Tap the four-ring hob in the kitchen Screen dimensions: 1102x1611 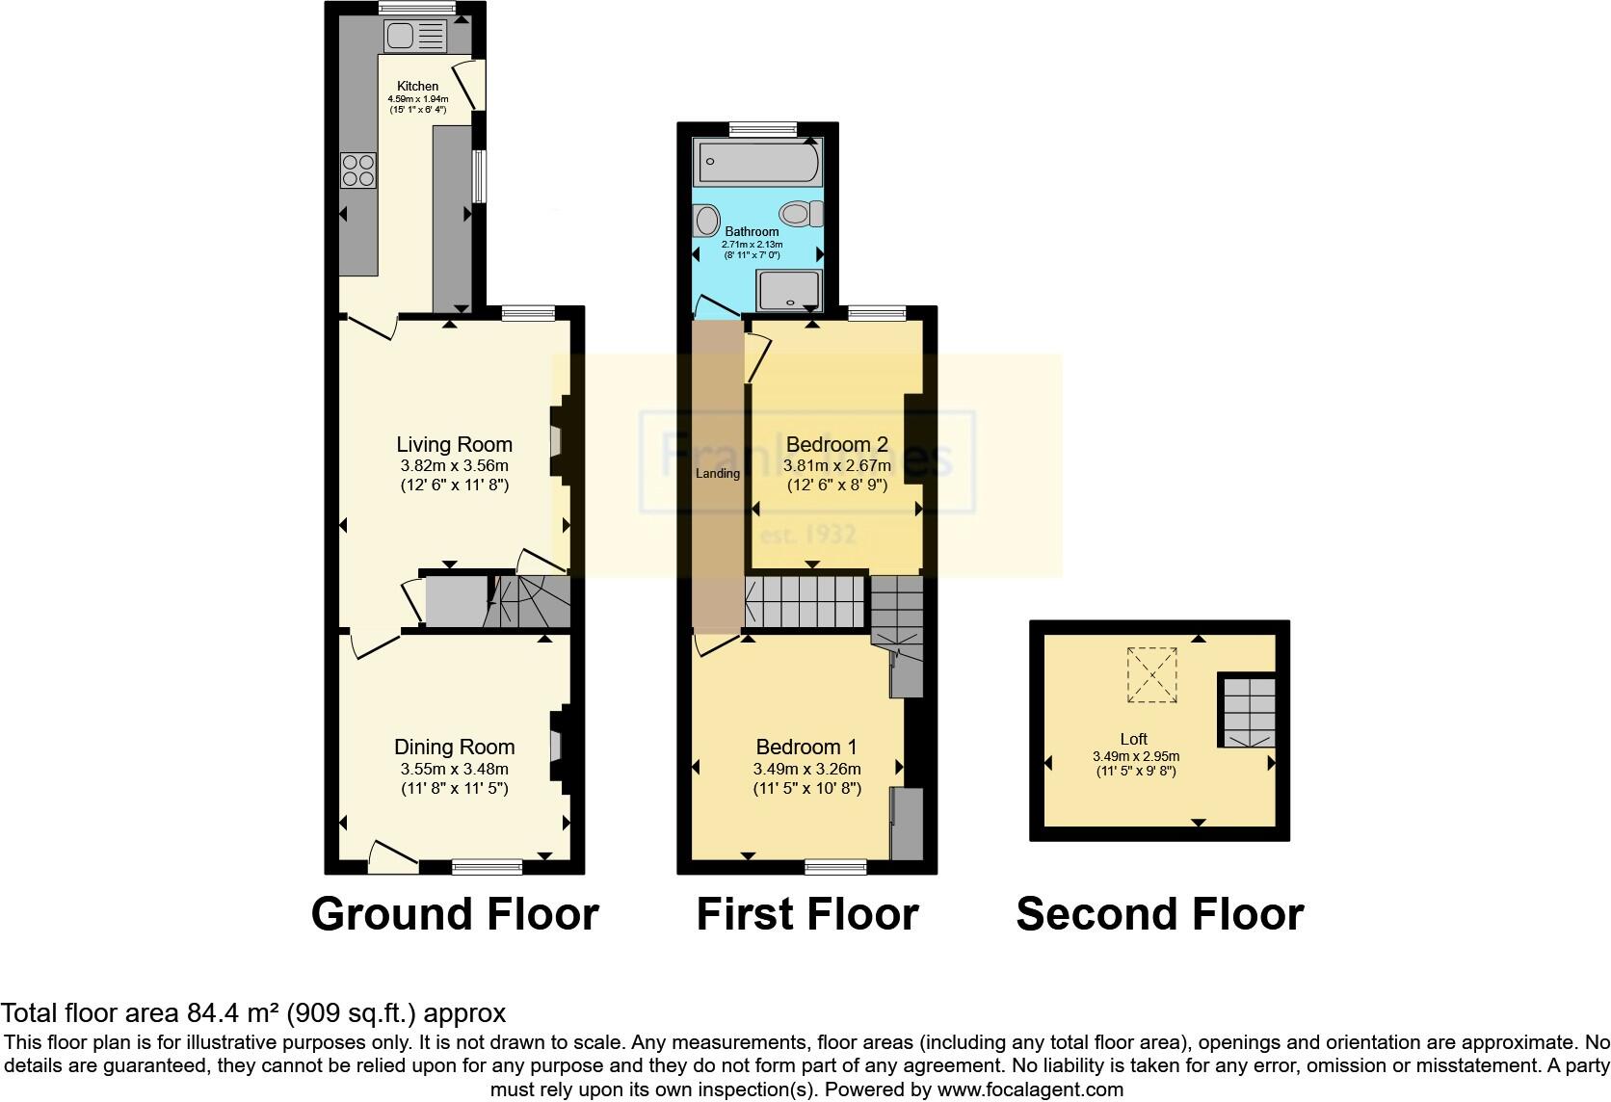click(358, 171)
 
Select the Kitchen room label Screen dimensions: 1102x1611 click(417, 87)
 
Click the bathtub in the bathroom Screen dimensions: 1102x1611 click(757, 161)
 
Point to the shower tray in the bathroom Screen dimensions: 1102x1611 click(789, 290)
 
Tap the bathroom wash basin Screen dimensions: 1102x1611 click(705, 223)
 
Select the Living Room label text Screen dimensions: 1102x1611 click(454, 444)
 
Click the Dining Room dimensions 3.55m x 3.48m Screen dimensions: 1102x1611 click(454, 769)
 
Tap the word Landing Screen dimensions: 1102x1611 click(717, 473)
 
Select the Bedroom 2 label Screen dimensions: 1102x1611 click(836, 444)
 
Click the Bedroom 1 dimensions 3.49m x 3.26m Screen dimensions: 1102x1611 click(806, 769)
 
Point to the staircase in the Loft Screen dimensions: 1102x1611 click(1249, 710)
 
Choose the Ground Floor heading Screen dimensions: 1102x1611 click(455, 913)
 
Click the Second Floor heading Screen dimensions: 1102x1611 click(1159, 913)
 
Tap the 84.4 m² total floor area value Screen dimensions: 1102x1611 click(231, 1013)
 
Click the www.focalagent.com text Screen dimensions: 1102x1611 click(1030, 1090)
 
